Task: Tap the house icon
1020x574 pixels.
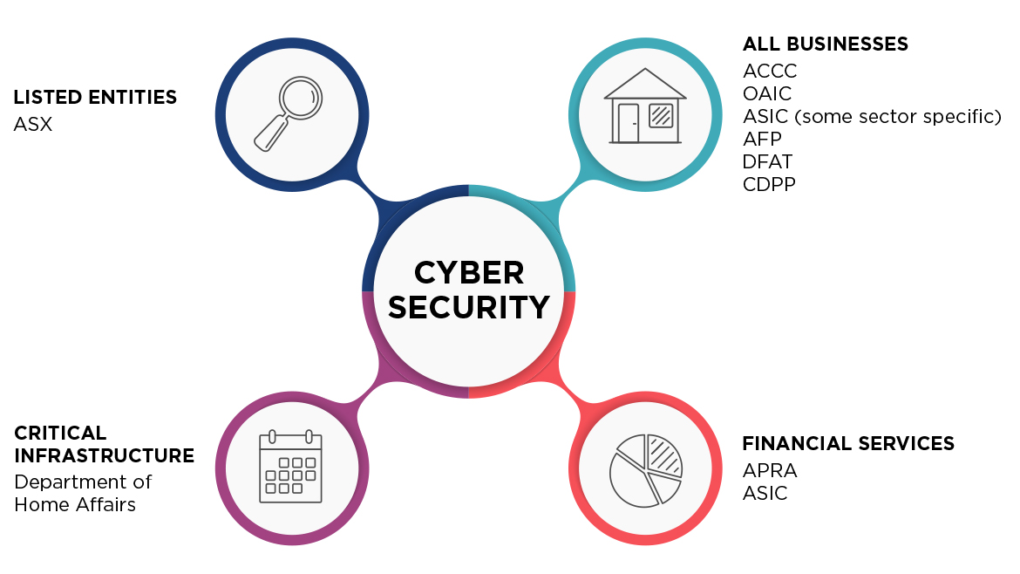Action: point(644,106)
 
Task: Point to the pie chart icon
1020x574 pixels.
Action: point(645,469)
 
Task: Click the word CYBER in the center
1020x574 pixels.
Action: point(469,273)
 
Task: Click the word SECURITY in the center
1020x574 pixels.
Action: point(469,307)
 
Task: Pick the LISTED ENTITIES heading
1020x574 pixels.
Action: point(95,97)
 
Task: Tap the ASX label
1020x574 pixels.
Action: point(33,125)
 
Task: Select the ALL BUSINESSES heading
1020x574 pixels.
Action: point(825,44)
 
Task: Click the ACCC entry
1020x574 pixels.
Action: point(770,71)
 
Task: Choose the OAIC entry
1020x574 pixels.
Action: point(767,93)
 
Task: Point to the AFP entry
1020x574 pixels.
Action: point(762,139)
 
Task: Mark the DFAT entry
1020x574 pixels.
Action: point(767,161)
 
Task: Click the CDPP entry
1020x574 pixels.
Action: point(769,184)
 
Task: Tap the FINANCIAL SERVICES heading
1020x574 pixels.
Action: point(847,443)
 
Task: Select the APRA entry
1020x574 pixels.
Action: point(770,471)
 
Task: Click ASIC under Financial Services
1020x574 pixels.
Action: point(765,494)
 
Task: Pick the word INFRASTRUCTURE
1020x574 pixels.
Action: point(104,455)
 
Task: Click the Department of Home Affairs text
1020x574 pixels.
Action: point(82,493)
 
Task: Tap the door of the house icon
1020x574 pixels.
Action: point(628,123)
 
